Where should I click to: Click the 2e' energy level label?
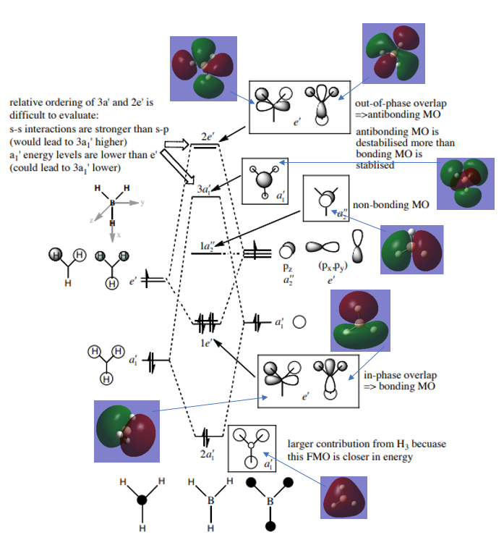pyautogui.click(x=207, y=136)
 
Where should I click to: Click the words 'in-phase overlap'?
pyautogui.click(x=399, y=376)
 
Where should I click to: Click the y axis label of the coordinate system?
pyautogui.click(x=142, y=203)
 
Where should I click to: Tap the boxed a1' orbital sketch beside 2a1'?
pyautogui.click(x=249, y=448)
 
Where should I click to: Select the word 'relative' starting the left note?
pyautogui.click(x=24, y=102)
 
